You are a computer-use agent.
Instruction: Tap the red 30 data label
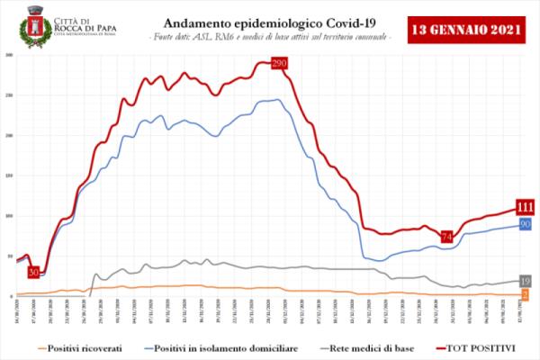click(33, 272)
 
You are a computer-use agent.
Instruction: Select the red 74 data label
click(446, 237)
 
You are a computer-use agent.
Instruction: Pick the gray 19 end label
click(525, 281)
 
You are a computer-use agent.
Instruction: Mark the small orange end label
click(525, 293)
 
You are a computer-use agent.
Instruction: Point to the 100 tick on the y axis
click(9, 216)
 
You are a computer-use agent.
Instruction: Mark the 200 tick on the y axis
click(9, 135)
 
